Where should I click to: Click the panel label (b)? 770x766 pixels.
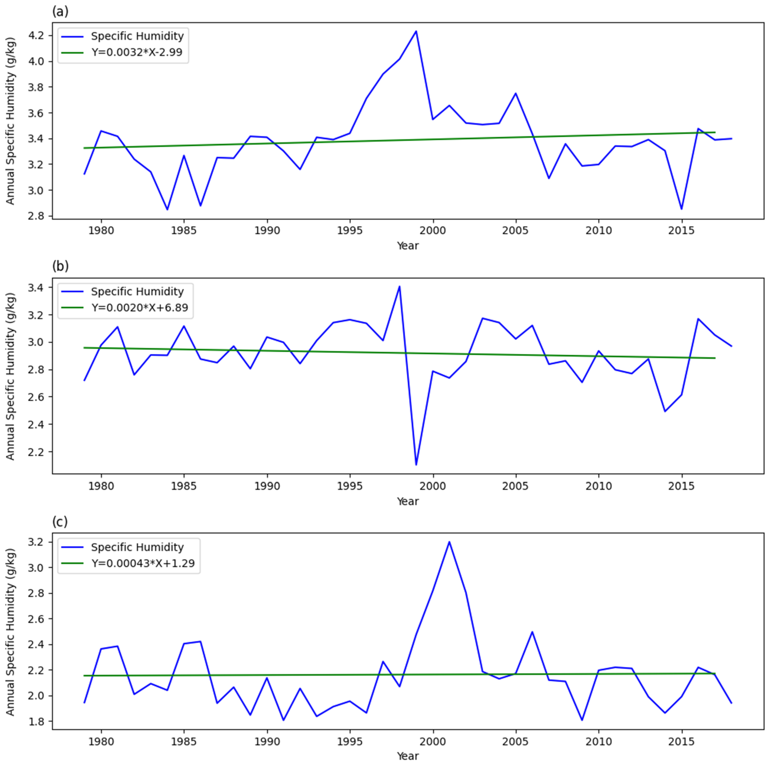(x=60, y=266)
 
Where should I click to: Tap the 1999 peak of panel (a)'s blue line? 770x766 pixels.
(x=416, y=31)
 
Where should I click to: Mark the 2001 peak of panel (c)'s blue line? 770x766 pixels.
(x=449, y=542)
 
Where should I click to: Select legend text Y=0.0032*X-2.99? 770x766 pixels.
(x=137, y=52)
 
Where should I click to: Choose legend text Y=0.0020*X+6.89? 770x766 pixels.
(x=139, y=307)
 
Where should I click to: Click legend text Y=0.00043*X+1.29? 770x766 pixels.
(x=143, y=563)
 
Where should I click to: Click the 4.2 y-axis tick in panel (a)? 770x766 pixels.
(x=36, y=35)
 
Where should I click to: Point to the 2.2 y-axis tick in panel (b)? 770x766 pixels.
(x=36, y=452)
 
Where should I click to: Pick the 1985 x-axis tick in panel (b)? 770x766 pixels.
(x=184, y=486)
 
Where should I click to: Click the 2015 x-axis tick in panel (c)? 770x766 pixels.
(x=682, y=742)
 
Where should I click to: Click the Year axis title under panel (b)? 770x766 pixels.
(x=407, y=501)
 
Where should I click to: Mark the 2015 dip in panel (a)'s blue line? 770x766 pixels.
(x=682, y=209)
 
